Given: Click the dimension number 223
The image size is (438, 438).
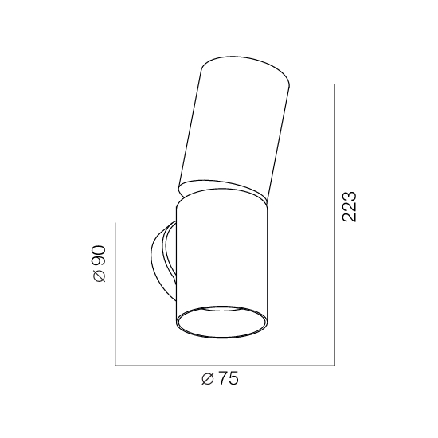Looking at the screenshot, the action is (x=350, y=207).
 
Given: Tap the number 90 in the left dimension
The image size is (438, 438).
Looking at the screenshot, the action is (x=100, y=256).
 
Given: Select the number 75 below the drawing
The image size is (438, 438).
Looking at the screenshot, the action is (x=229, y=379).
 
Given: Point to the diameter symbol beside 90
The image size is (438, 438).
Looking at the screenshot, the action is (x=100, y=276).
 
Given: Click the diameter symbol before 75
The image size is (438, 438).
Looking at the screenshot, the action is (x=208, y=379).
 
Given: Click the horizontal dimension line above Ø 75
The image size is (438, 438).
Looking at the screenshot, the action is (x=225, y=365).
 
